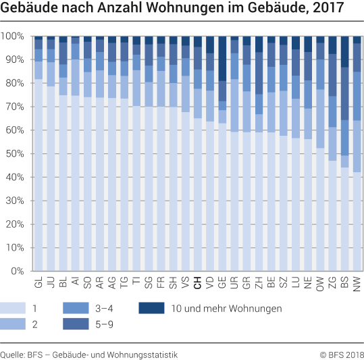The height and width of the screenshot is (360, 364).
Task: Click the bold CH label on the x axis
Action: (x=197, y=284)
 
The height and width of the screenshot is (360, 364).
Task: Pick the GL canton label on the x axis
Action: (x=38, y=284)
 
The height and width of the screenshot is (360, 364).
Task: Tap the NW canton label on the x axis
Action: (x=357, y=284)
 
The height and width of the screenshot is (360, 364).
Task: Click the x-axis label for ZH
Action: (x=259, y=284)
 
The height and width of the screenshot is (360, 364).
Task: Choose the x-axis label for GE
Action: (x=222, y=284)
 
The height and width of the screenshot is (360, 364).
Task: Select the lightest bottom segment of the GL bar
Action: (x=38, y=175)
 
